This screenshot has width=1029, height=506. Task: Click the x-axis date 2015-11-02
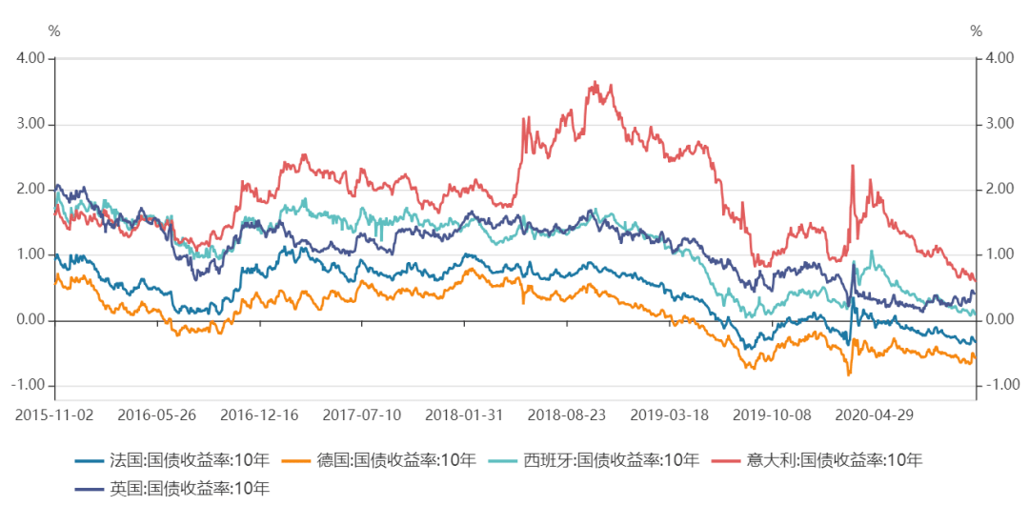click(x=55, y=415)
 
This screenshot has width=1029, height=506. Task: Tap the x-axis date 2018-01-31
click(x=465, y=415)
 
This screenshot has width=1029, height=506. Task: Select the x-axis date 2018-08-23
click(x=567, y=415)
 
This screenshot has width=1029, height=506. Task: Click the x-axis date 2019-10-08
click(x=772, y=415)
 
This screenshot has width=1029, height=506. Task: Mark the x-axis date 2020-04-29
click(x=874, y=415)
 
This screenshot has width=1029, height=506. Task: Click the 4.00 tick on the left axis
click(x=31, y=58)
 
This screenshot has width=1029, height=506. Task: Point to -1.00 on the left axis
click(x=31, y=385)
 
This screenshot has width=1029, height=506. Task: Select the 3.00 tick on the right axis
click(x=999, y=124)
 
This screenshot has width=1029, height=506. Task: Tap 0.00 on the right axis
click(x=999, y=320)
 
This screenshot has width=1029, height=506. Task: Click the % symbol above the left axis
click(x=54, y=31)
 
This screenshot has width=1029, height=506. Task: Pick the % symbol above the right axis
click(x=977, y=31)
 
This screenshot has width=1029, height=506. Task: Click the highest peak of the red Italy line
click(x=595, y=82)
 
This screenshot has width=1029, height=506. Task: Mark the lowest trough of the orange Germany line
click(x=849, y=375)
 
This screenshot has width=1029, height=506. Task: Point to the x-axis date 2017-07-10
click(x=362, y=415)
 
